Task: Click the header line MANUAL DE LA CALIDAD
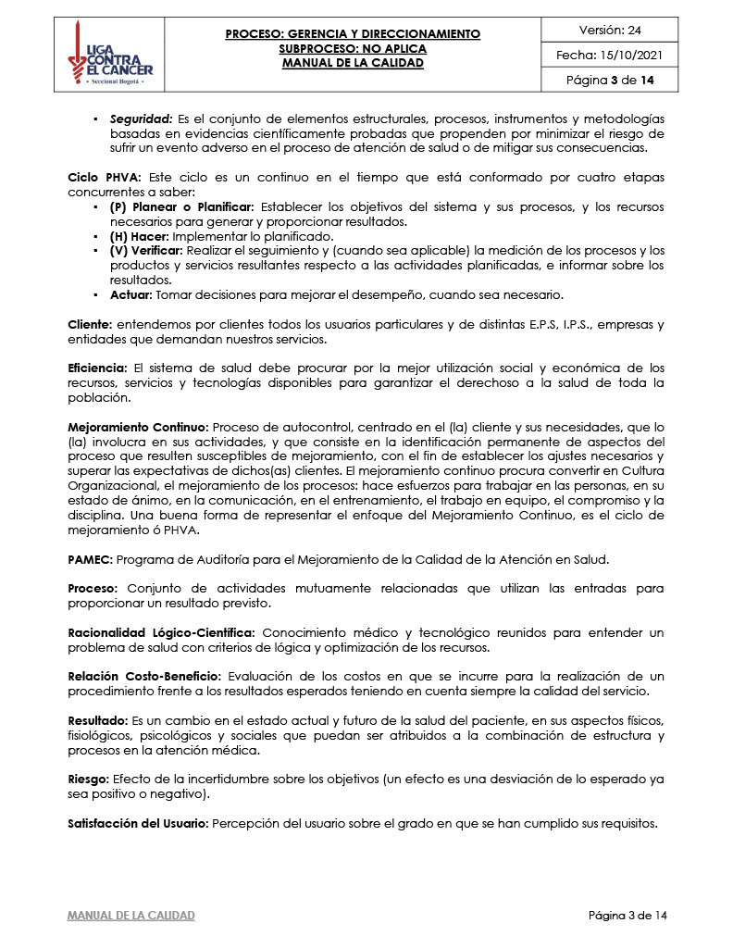coord(353,63)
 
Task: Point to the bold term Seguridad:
coord(141,121)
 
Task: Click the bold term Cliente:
coord(90,325)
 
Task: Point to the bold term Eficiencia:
coord(98,368)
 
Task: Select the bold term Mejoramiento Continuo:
coord(139,428)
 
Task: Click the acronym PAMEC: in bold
coord(90,561)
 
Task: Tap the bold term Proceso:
coord(93,589)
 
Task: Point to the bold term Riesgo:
coord(89,780)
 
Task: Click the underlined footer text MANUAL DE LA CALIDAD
coord(131,916)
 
